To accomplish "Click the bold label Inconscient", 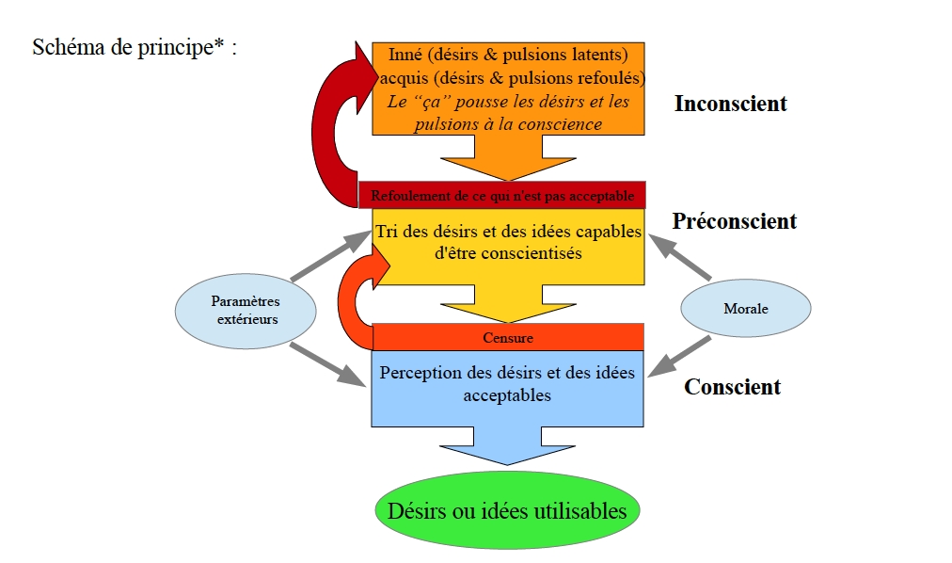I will point(730,104).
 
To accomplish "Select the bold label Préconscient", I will point(734,221).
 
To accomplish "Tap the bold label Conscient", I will point(732,387).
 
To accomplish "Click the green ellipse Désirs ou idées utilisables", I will point(507,511).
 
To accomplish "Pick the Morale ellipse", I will point(745,309).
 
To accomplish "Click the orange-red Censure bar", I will point(508,337).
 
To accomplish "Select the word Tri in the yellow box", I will point(386,232).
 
